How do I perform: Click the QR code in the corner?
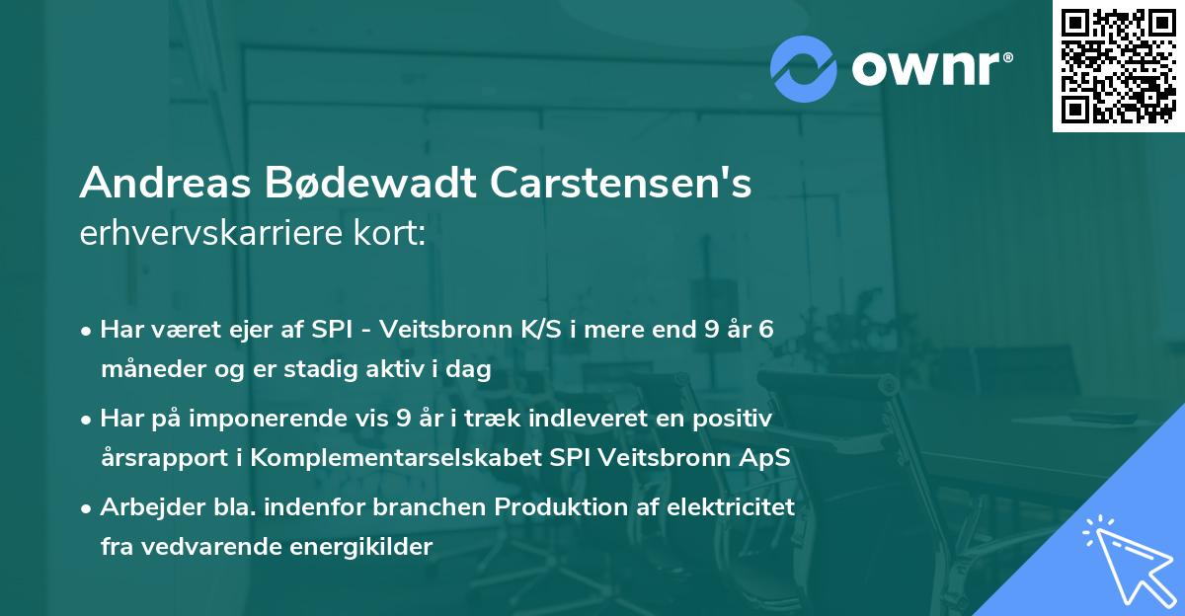(1118, 65)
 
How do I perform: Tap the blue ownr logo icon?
(805, 67)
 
